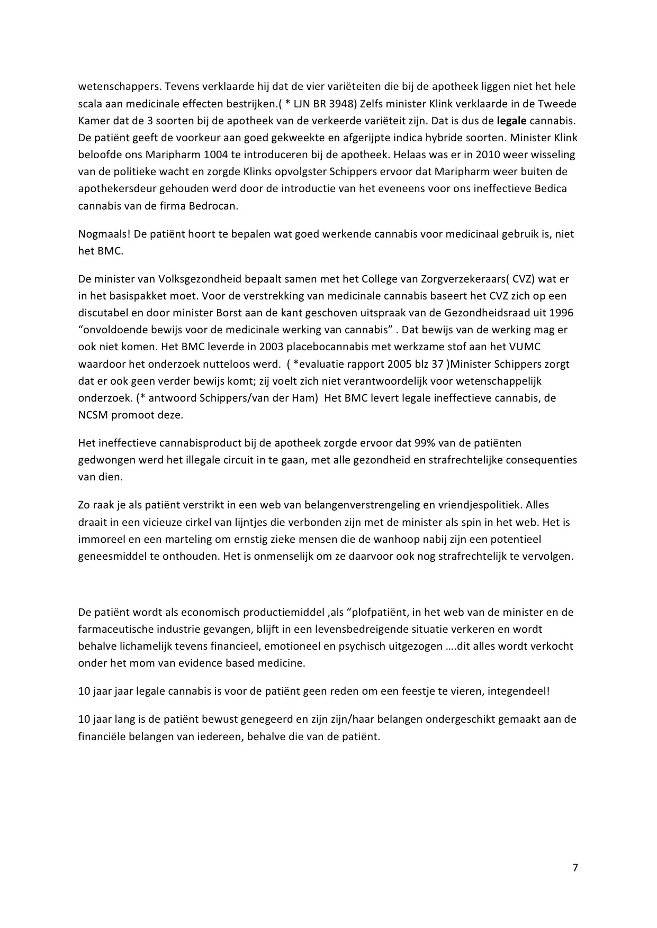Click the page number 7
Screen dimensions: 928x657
pos(575,868)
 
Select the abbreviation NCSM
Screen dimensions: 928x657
pos(93,415)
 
